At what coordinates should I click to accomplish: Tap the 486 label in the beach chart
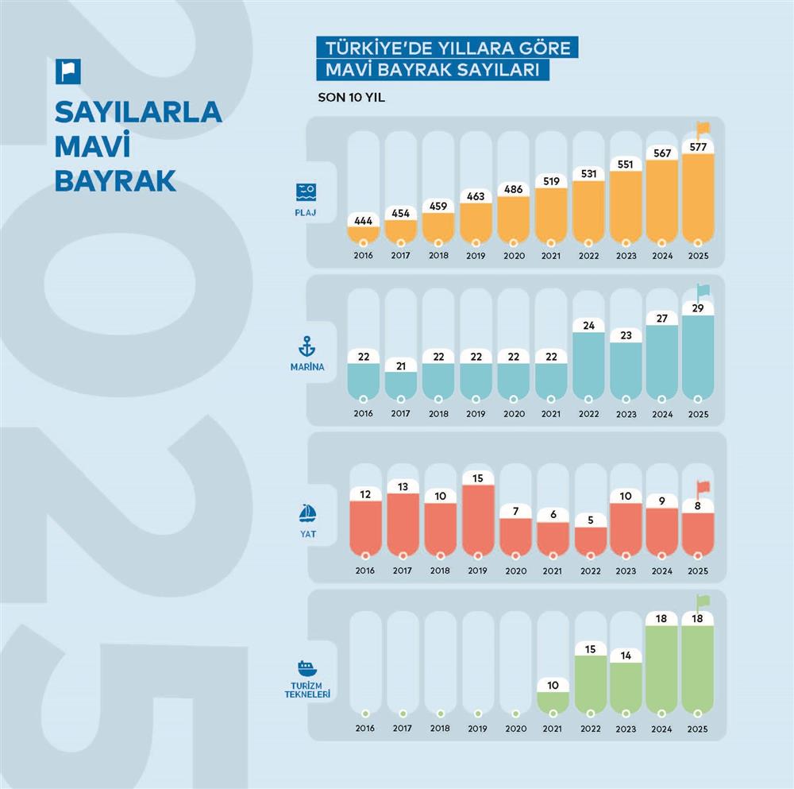coord(513,189)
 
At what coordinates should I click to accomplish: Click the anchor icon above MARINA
coord(306,346)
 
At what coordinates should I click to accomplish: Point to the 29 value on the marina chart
coord(697,307)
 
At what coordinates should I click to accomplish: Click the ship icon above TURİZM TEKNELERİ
coord(306,667)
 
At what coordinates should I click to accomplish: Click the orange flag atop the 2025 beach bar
coord(703,128)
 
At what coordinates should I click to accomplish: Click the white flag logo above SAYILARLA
coord(67,72)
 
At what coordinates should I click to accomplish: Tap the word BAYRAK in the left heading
coord(114,181)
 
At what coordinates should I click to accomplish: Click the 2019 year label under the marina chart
coord(476,414)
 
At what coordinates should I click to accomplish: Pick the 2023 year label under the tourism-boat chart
coord(626,729)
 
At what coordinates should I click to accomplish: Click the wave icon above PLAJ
coord(306,191)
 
